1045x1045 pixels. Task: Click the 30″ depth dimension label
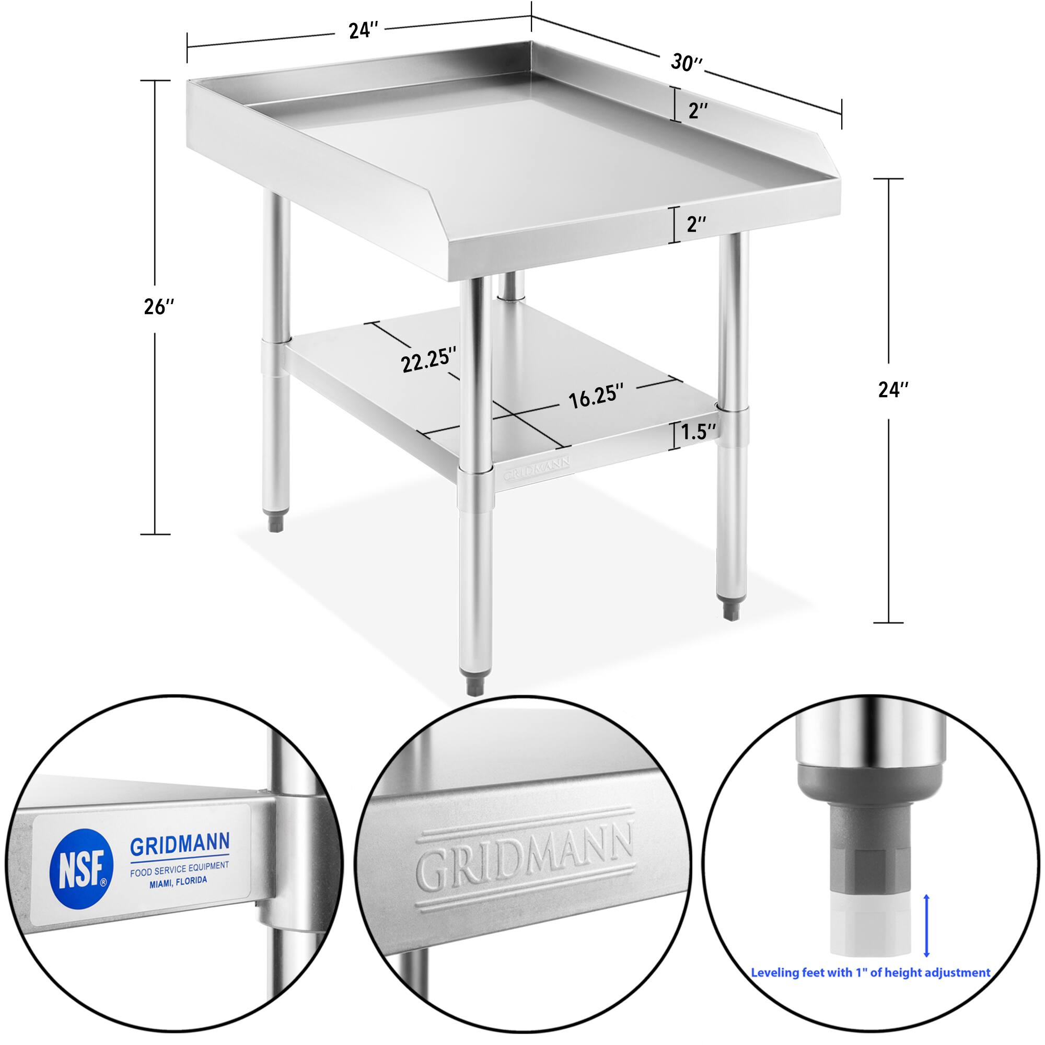(687, 62)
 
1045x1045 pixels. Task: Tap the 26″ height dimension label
(158, 307)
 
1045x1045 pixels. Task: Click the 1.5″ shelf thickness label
(698, 432)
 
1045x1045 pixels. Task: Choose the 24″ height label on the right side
(893, 389)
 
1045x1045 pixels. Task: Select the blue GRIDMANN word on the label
(180, 843)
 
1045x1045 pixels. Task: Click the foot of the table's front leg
(474, 685)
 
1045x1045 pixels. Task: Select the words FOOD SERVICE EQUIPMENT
(179, 869)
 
